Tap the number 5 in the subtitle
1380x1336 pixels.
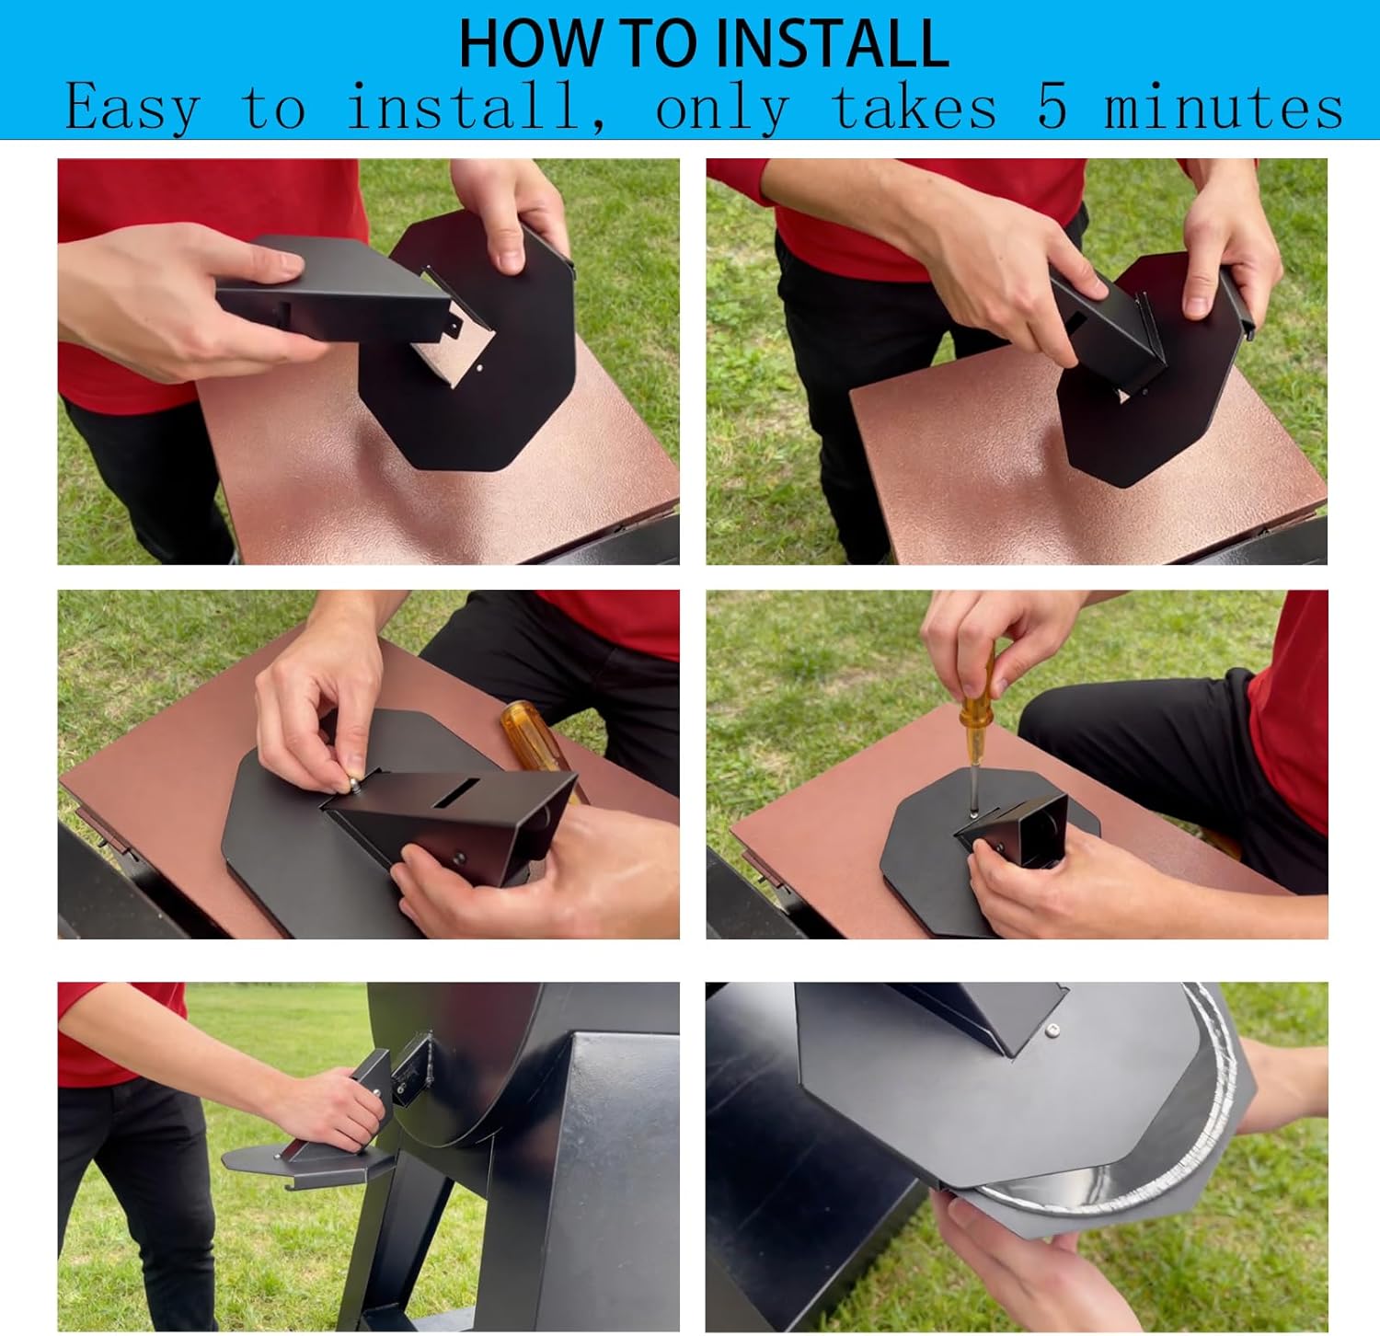pos(1052,106)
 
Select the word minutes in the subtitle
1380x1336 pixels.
pos(1224,106)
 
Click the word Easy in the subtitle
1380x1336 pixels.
pos(132,107)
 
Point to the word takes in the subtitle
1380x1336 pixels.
pos(914,106)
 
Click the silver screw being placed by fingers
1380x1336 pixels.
pos(351,783)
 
